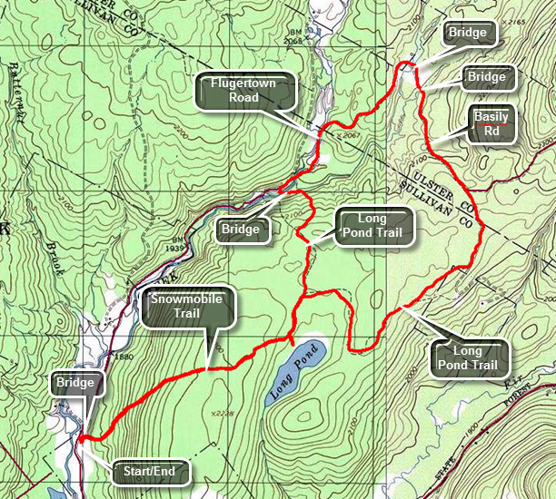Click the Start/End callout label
151,472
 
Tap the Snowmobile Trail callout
188,308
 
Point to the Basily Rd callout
491,123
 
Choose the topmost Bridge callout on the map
467,34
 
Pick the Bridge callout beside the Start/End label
75,383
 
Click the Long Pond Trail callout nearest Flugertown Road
372,227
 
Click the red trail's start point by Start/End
80,440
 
